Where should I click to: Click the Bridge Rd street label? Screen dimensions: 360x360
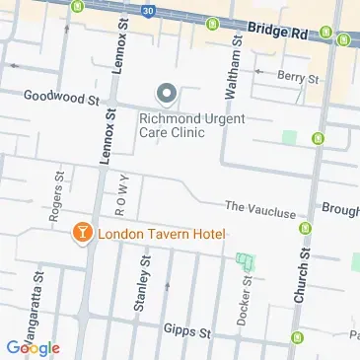point(281,33)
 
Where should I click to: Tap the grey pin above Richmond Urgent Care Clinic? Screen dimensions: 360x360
point(166,95)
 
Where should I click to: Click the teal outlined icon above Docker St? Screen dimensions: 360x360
point(244,263)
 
